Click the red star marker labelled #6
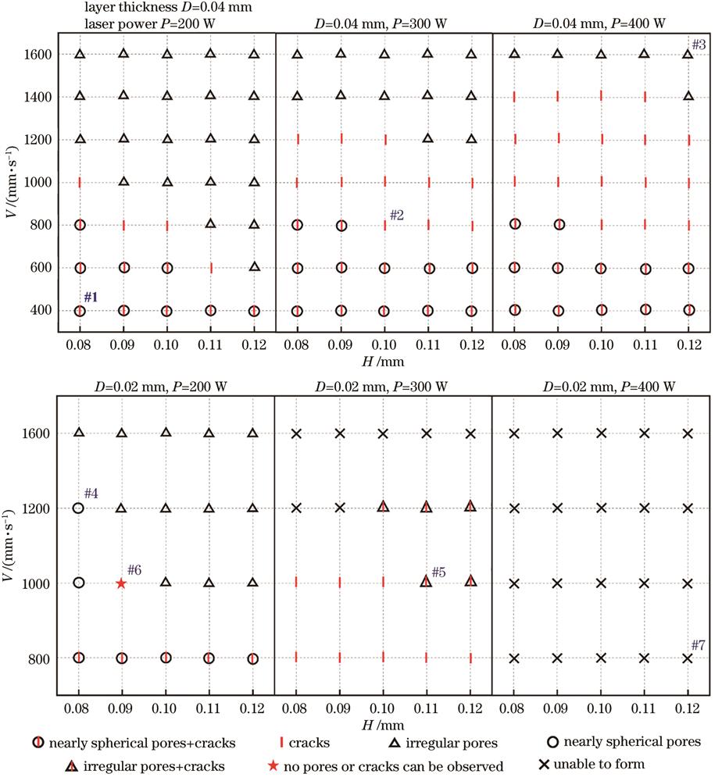[121, 583]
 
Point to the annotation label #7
[699, 644]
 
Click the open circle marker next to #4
[78, 508]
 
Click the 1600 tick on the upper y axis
[38, 55]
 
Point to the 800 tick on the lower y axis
[41, 658]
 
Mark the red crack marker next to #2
[384, 225]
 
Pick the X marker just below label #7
[688, 658]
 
